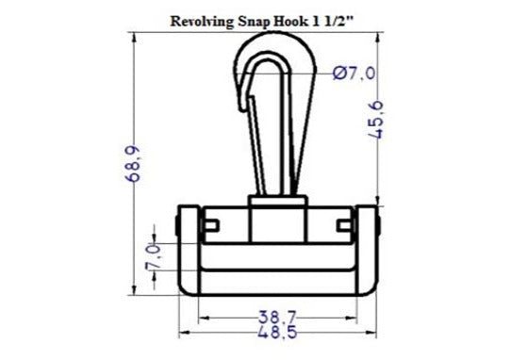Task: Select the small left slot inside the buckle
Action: (x=212, y=223)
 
